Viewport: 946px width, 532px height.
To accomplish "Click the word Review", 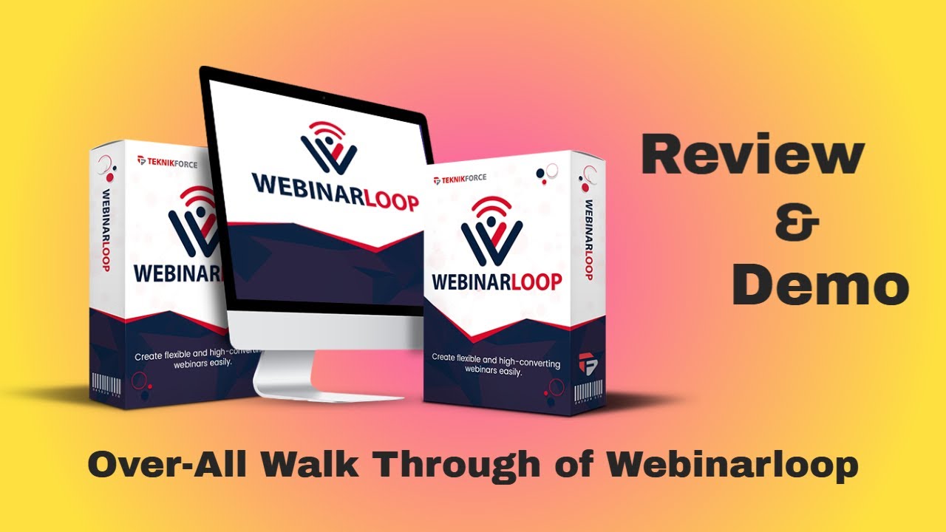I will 752,157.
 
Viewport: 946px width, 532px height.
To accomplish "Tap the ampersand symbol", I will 797,222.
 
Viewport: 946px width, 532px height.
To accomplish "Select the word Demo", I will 820,287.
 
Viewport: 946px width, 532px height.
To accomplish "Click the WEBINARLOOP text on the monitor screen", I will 335,195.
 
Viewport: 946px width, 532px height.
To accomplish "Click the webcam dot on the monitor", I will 323,98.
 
